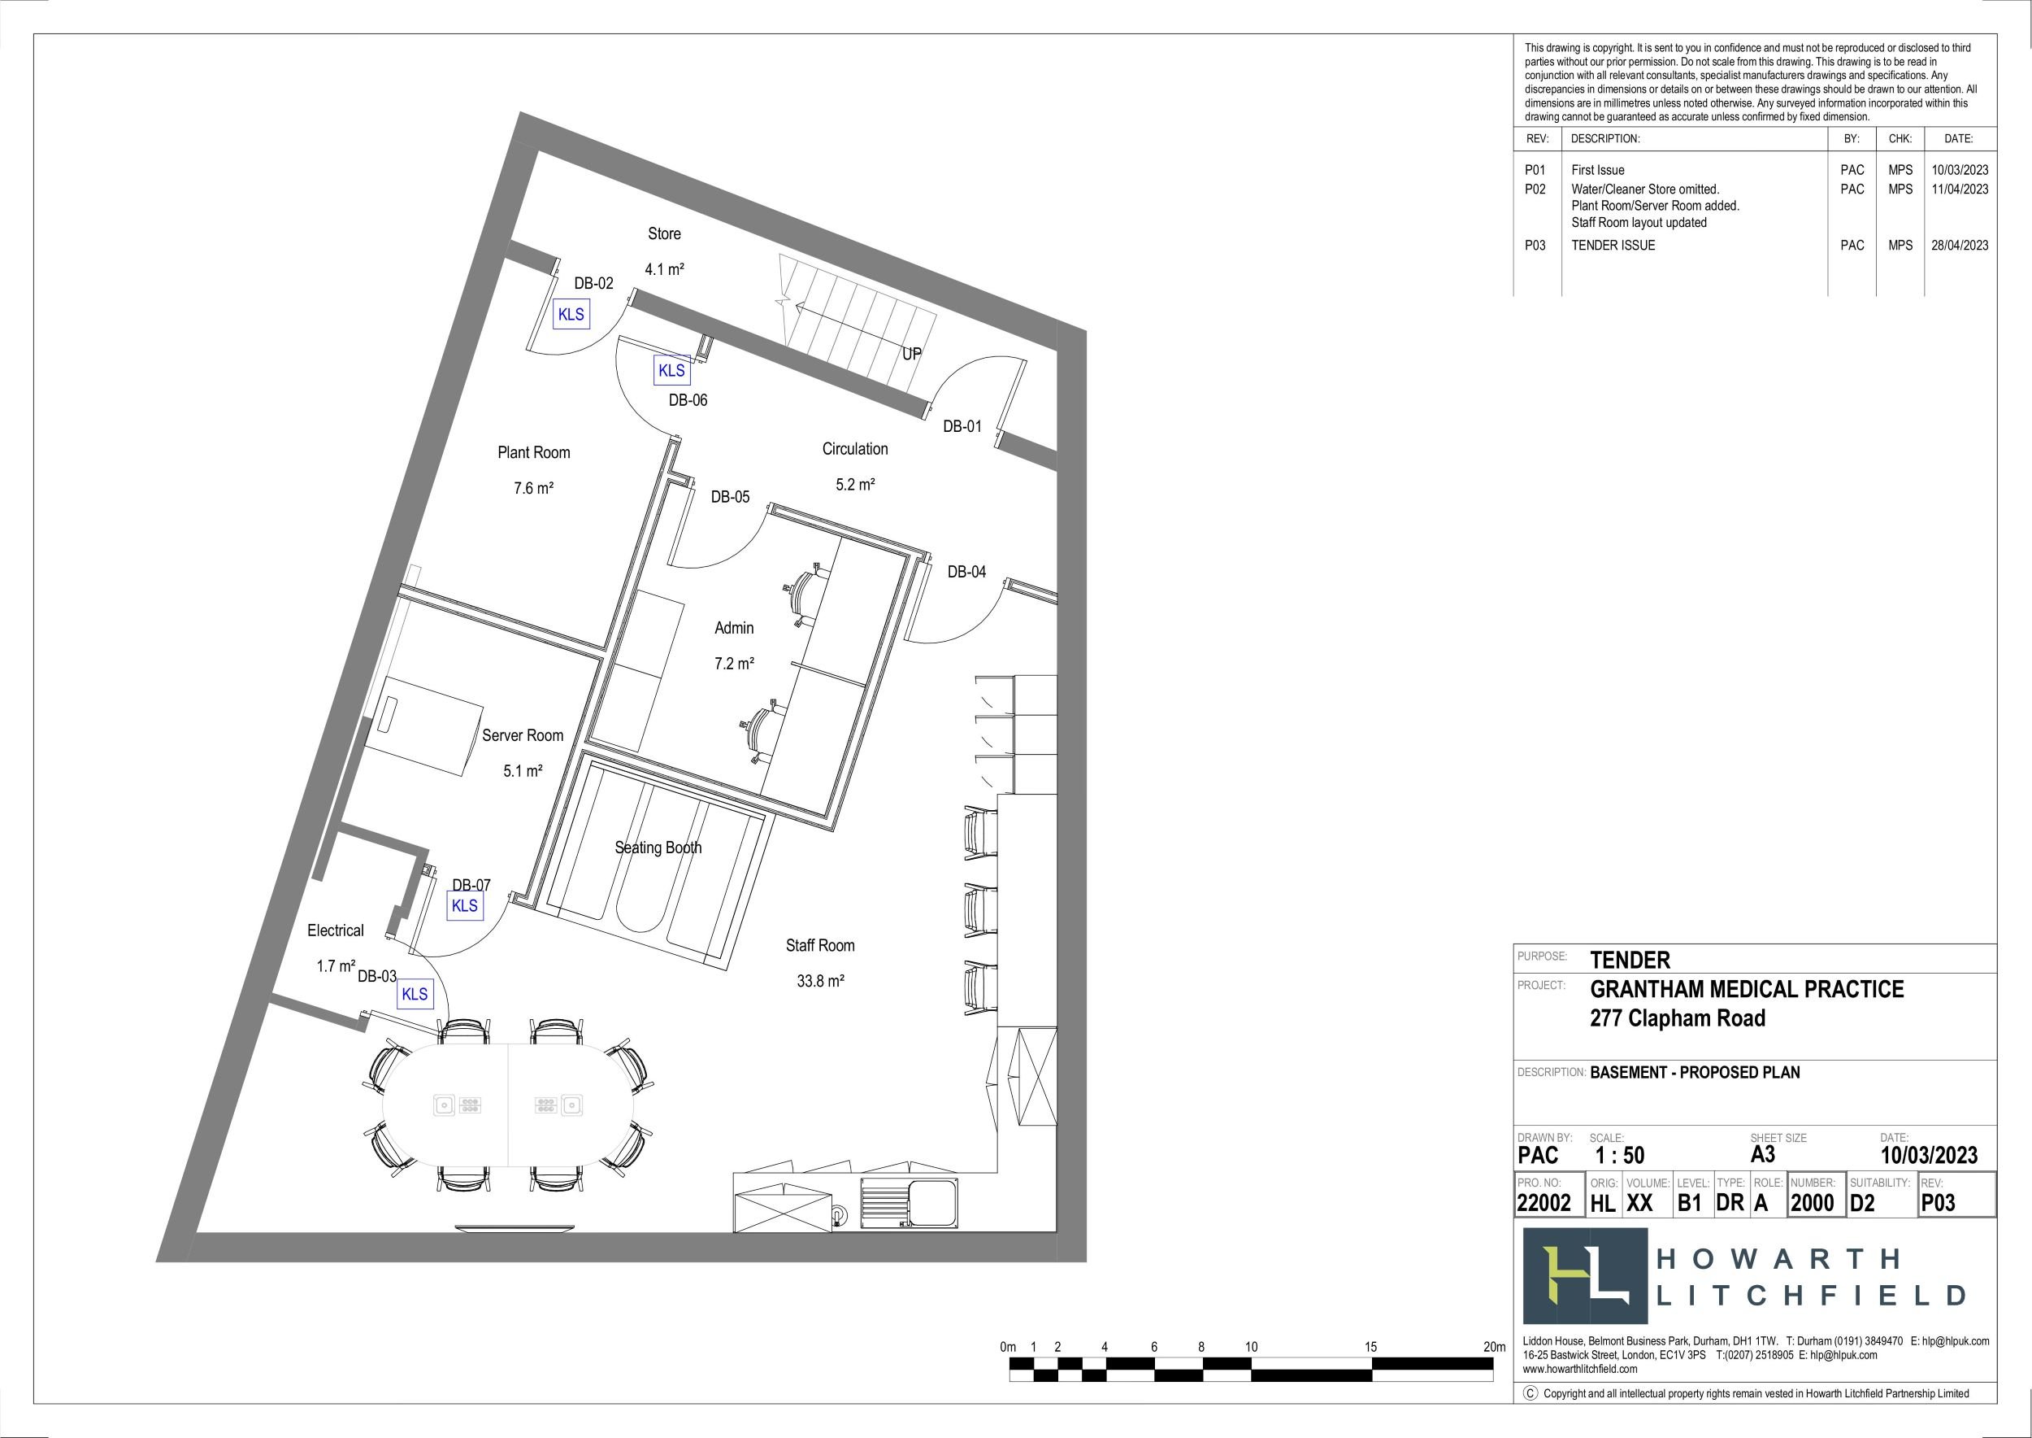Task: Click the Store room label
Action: click(x=664, y=233)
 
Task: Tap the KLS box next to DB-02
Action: click(x=571, y=314)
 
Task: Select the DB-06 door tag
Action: click(x=688, y=400)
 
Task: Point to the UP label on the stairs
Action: click(x=912, y=354)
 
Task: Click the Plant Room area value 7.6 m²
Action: click(x=534, y=488)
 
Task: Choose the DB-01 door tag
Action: click(x=962, y=427)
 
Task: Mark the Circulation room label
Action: click(x=855, y=449)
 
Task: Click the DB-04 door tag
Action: click(x=966, y=572)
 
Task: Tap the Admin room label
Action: click(x=734, y=628)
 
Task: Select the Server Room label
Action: click(x=522, y=736)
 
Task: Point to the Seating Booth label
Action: click(x=658, y=848)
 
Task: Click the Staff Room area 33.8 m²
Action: click(x=820, y=981)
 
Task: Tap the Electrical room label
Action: click(x=336, y=930)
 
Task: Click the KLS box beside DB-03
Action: click(x=415, y=995)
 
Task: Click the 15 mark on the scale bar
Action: click(x=1370, y=1347)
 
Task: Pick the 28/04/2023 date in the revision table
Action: click(x=1960, y=246)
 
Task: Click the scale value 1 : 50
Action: click(x=1620, y=1156)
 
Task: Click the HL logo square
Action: click(x=1585, y=1276)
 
